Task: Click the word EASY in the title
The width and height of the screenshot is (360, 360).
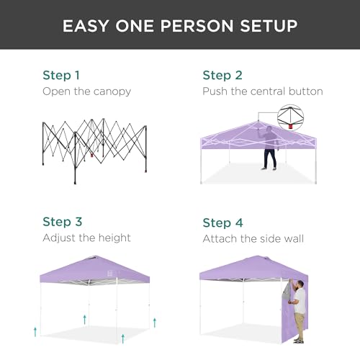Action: point(88,26)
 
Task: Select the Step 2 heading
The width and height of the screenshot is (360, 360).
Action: point(222,75)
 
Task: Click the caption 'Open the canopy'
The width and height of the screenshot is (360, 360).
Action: point(87,91)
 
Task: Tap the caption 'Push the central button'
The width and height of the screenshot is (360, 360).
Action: point(262,91)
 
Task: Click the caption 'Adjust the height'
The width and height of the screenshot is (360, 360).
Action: point(86,238)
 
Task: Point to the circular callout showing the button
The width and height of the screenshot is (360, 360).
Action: point(290,114)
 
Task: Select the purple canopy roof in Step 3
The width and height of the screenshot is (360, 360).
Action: point(94,270)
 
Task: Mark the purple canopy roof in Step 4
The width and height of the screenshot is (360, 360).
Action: point(252,269)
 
